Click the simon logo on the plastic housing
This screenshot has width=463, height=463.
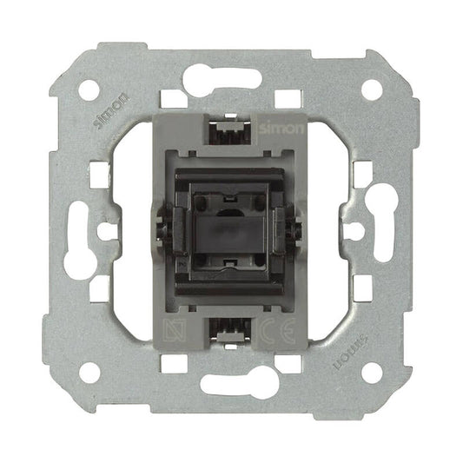[x=281, y=129]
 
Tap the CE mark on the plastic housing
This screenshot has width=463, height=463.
[x=277, y=330]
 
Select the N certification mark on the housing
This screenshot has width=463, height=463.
[x=175, y=330]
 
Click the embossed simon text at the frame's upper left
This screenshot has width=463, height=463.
[x=110, y=109]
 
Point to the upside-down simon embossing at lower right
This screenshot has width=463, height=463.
[x=350, y=353]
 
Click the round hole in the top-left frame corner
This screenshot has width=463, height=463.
[x=89, y=89]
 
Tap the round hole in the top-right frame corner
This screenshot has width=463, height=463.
[x=372, y=89]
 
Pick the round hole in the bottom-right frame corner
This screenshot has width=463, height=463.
[x=372, y=373]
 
